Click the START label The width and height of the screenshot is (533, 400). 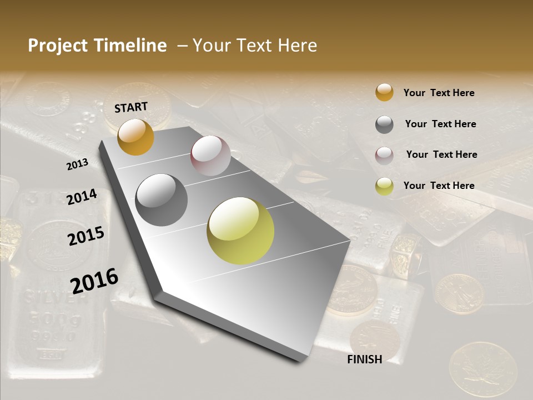click(x=131, y=107)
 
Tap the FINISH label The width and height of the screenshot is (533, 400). click(x=364, y=359)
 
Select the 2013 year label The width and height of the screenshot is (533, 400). click(x=77, y=164)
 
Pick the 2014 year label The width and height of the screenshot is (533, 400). click(x=82, y=197)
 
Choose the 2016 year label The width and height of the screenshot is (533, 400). click(x=94, y=281)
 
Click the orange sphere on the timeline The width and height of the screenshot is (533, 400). click(x=135, y=137)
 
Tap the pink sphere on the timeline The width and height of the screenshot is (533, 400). click(x=210, y=156)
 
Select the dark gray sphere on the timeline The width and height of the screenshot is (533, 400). click(x=162, y=200)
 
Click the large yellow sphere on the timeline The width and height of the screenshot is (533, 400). click(x=240, y=231)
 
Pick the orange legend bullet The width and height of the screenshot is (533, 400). click(x=384, y=93)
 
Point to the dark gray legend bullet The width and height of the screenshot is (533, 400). click(x=384, y=124)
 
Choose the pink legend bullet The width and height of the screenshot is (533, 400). click(x=384, y=155)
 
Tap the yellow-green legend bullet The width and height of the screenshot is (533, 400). click(x=384, y=186)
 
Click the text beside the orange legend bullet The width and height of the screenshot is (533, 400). click(x=439, y=93)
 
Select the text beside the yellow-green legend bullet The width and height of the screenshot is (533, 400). click(x=439, y=186)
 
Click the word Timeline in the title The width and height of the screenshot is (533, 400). click(x=130, y=46)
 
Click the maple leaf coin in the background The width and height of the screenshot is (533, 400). click(x=482, y=369)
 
